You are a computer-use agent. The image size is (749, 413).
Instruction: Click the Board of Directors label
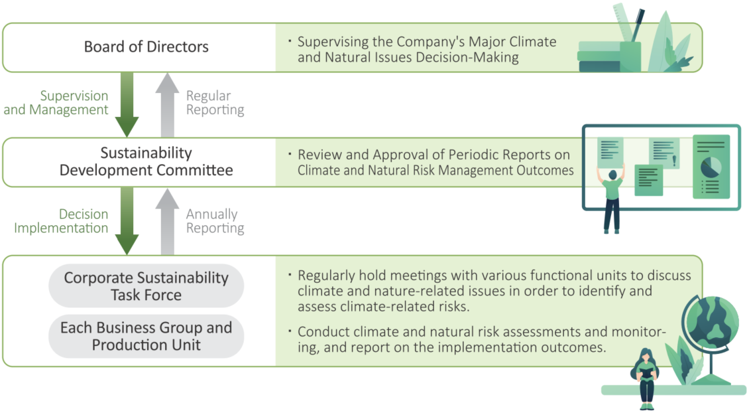point(146,46)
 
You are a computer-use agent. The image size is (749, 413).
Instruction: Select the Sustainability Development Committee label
point(146,161)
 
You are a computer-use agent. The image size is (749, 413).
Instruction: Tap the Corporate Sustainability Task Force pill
point(146,286)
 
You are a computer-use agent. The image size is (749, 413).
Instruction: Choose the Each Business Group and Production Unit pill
point(146,336)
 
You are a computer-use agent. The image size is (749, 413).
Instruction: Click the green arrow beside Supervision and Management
point(127,104)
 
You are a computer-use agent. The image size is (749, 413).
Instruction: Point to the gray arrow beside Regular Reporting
point(167,104)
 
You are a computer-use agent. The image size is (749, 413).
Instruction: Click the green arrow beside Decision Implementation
point(127,220)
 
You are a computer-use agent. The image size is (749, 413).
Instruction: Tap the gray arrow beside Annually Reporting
point(167,220)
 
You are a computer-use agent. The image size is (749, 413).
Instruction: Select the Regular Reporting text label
point(215,102)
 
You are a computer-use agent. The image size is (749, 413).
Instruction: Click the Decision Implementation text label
point(61,220)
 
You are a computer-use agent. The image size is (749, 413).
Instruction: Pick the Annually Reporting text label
point(215,220)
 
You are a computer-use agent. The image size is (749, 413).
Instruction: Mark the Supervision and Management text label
point(56,102)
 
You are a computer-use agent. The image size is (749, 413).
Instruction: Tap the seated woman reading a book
point(646,378)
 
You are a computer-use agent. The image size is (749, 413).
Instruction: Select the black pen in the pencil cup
point(638,27)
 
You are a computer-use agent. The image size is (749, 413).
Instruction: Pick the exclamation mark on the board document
point(675,161)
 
